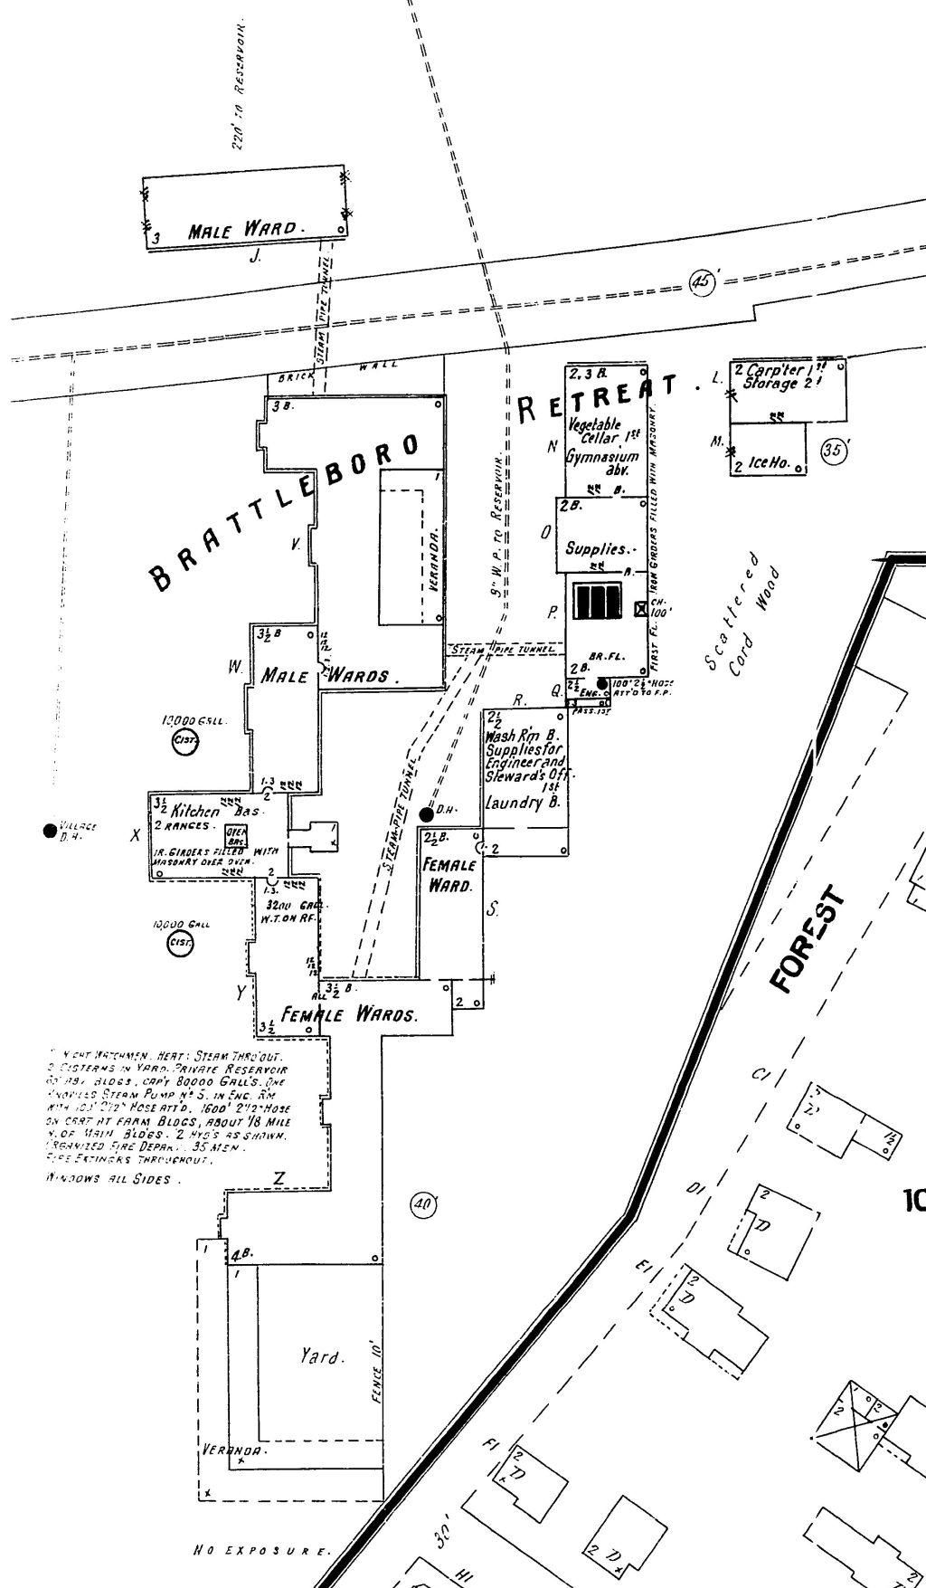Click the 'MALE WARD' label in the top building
(x=241, y=230)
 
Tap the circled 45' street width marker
(x=703, y=281)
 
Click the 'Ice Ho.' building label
(x=769, y=463)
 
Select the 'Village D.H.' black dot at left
(x=50, y=830)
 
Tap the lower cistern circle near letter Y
(x=180, y=944)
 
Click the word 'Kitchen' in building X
(x=195, y=811)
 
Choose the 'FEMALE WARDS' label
(x=349, y=1014)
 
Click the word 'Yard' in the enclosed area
(x=322, y=1357)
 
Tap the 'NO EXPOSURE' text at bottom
(x=262, y=1551)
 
